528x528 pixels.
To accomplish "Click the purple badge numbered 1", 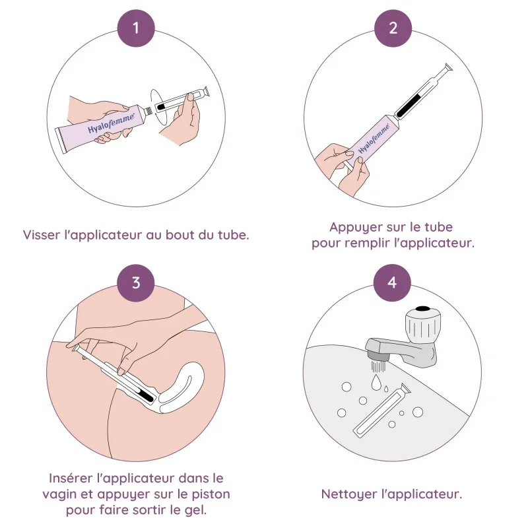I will click(x=136, y=28).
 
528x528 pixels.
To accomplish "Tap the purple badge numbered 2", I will click(x=393, y=28).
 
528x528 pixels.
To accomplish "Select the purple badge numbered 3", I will click(x=136, y=282).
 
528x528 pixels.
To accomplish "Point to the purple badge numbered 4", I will click(x=393, y=282).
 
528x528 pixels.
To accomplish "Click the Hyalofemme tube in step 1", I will click(x=99, y=126).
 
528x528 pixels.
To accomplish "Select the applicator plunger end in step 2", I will click(x=447, y=67).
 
